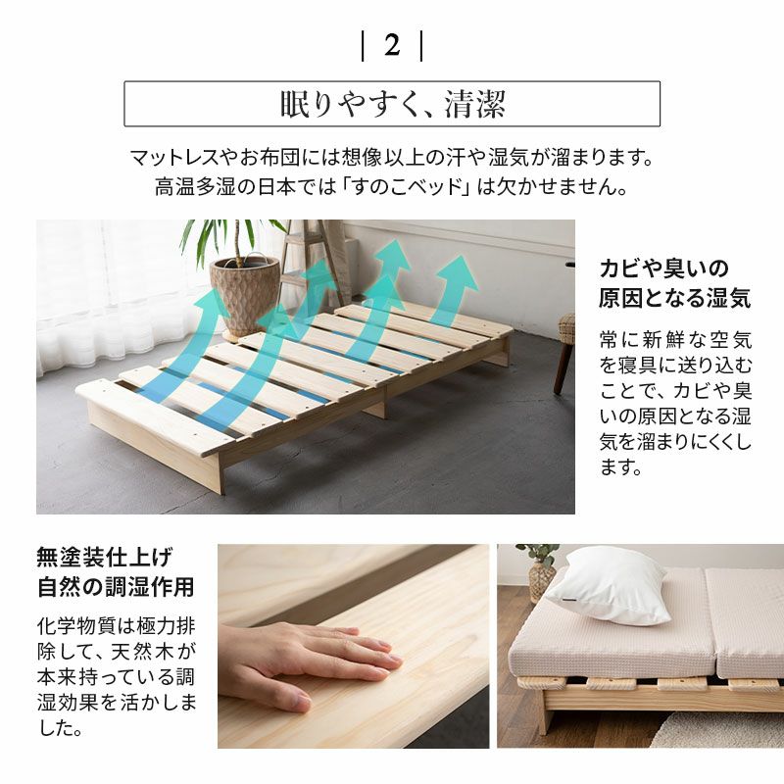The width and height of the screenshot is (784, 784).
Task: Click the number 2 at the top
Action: point(392,45)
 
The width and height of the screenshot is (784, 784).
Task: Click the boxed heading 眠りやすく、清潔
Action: point(392,104)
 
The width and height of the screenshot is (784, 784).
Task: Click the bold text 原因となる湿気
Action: point(674,298)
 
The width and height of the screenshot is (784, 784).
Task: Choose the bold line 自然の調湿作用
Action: point(115,588)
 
